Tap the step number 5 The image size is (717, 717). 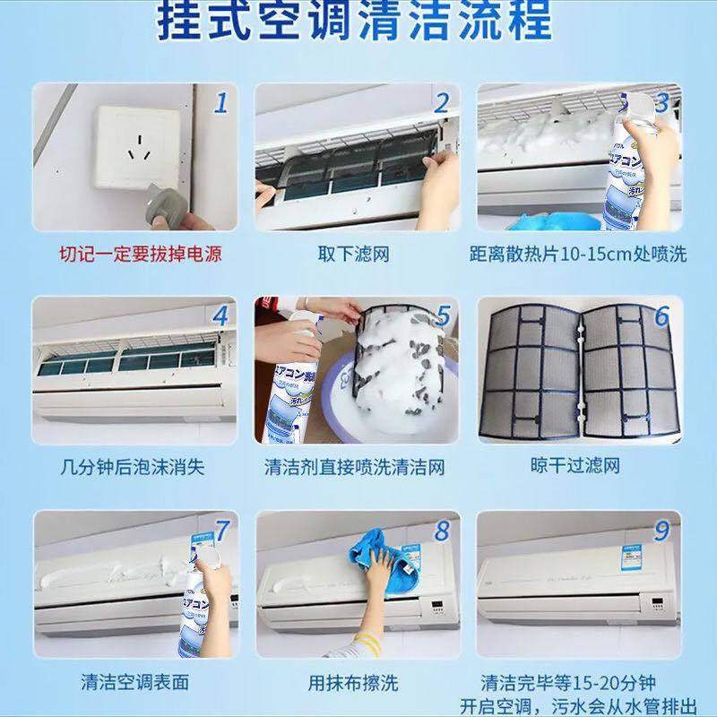[x=442, y=315]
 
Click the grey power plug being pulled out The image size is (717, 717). [x=168, y=199]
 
